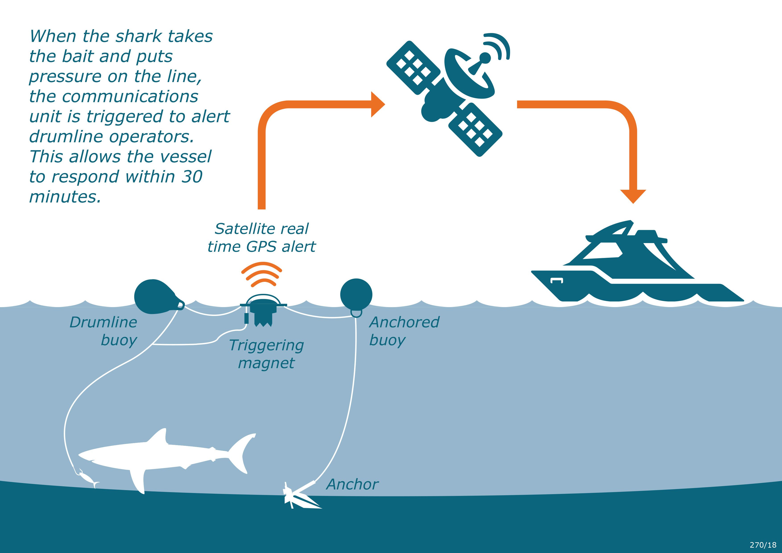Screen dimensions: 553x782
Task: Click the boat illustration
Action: tap(630, 269)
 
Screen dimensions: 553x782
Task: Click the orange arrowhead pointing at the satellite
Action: tap(377, 104)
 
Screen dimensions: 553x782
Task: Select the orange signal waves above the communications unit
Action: tap(262, 274)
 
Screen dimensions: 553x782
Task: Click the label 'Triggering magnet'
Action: tap(266, 354)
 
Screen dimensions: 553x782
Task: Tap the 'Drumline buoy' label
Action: tap(104, 331)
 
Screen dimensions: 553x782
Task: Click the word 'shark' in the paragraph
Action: tap(139, 36)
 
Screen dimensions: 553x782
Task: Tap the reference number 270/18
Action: tap(763, 545)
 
